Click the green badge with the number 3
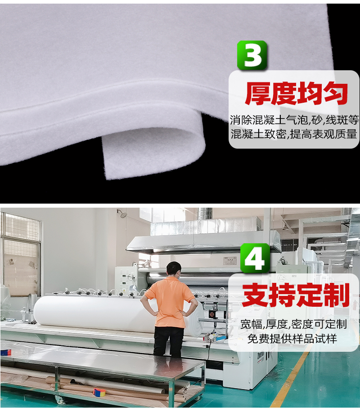[x=252, y=55]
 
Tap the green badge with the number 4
[x=255, y=258]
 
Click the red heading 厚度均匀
[x=296, y=94]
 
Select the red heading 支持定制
[x=296, y=296]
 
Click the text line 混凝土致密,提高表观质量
[x=294, y=134]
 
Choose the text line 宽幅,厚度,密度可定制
[x=293, y=324]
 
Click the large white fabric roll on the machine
[x=90, y=313]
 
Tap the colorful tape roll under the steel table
[x=99, y=392]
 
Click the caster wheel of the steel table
[x=58, y=400]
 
